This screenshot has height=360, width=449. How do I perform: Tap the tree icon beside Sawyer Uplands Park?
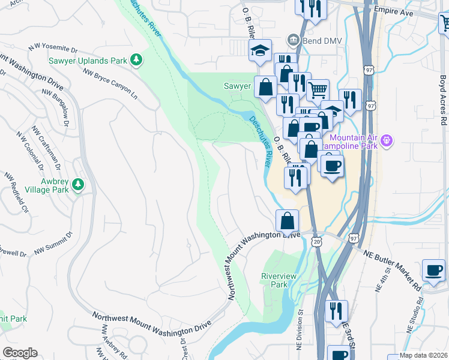click(137, 59)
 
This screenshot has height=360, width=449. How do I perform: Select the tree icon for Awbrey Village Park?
click(77, 185)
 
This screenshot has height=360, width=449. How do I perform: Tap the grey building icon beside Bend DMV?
click(293, 40)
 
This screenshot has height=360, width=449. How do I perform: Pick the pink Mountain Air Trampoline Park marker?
click(387, 140)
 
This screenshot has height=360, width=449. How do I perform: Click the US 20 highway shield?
click(316, 241)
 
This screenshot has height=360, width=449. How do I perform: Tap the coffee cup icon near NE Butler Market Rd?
click(433, 270)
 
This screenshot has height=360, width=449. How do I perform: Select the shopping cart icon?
click(318, 90)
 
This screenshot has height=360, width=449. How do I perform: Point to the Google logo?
click(20, 353)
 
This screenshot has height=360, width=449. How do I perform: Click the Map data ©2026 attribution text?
click(423, 355)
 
